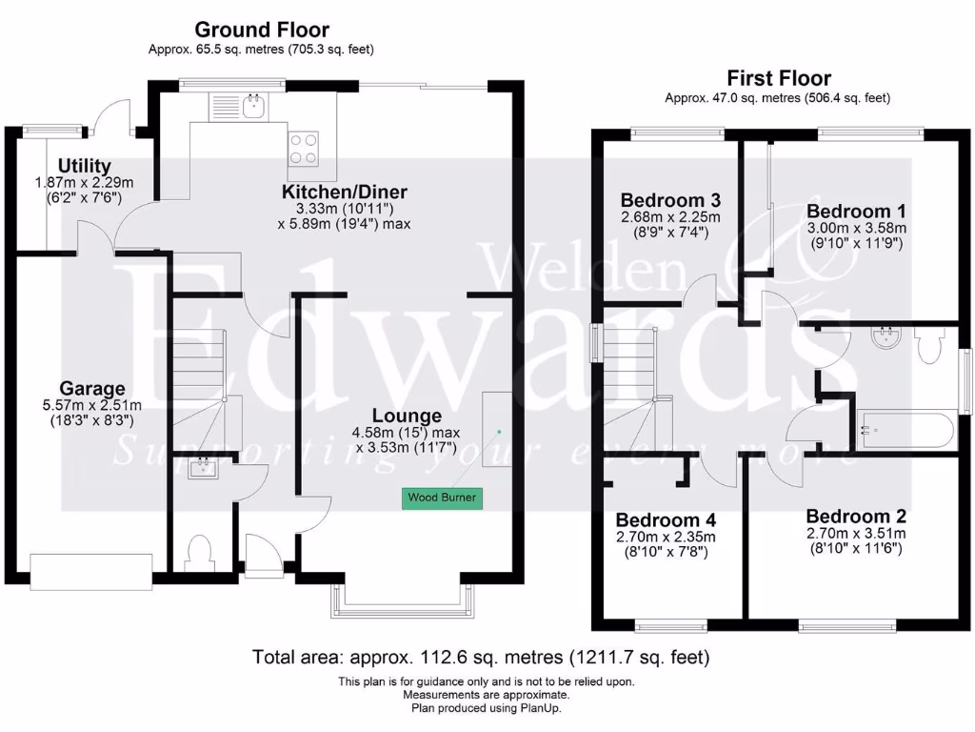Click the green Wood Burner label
(442, 498)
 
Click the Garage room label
(92, 389)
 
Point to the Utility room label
(85, 166)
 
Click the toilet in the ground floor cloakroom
(200, 553)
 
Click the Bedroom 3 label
(670, 200)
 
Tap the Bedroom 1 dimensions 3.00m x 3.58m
(857, 228)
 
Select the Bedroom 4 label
(666, 520)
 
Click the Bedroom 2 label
(856, 516)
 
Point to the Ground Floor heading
(262, 30)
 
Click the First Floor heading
(779, 78)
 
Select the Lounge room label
(407, 416)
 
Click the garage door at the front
(91, 571)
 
